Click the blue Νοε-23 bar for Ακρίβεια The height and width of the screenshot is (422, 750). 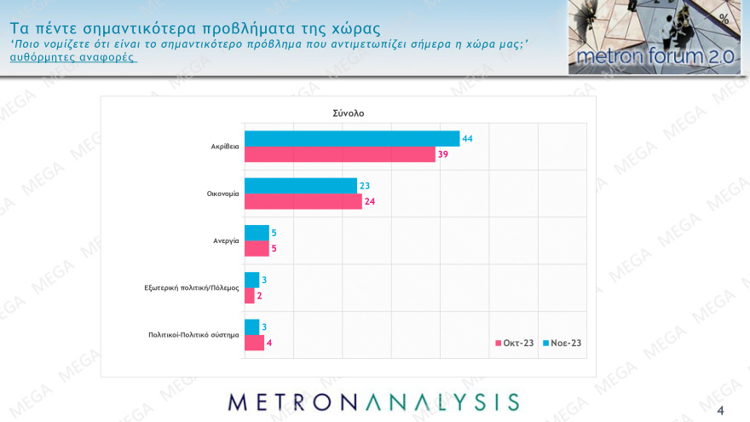coord(351,138)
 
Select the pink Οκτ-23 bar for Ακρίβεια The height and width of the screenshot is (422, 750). coord(339,154)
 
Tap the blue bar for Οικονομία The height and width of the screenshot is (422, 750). coord(300,185)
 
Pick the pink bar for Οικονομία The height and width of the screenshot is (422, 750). coord(303,201)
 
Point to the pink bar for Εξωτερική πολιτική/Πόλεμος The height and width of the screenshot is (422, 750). coord(249,296)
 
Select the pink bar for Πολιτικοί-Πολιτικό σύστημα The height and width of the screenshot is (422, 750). coord(254,343)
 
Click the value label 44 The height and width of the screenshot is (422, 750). coord(467,138)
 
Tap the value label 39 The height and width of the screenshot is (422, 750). coord(443,154)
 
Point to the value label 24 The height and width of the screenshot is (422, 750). coord(370,201)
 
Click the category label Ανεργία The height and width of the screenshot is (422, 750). coord(226,240)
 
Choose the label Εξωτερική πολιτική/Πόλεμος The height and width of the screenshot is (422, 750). coord(191,287)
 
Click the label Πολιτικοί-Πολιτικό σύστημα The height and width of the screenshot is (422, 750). coord(187,334)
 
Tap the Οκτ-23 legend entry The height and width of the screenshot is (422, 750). coord(515,343)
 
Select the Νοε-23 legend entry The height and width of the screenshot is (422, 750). coord(562,343)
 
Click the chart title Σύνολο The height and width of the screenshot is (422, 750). coord(348,113)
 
